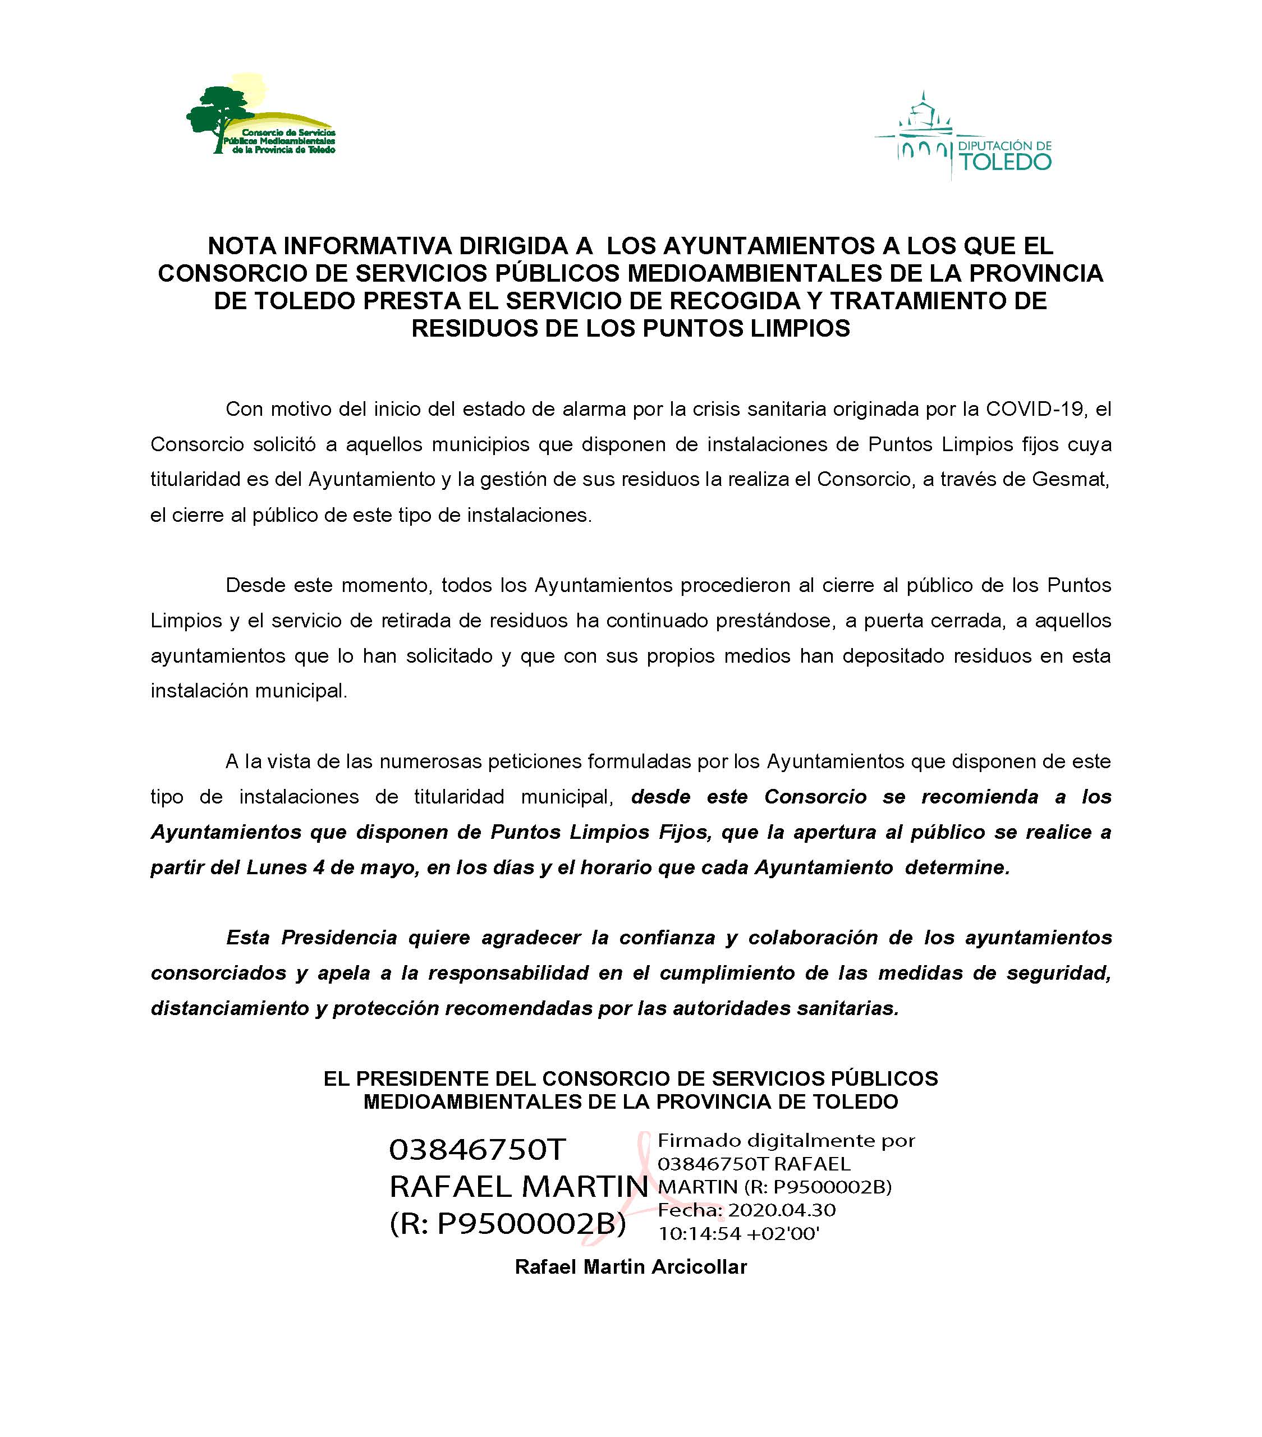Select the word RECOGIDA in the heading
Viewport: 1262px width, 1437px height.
[x=734, y=301]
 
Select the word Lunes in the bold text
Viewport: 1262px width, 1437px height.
[x=276, y=867]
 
